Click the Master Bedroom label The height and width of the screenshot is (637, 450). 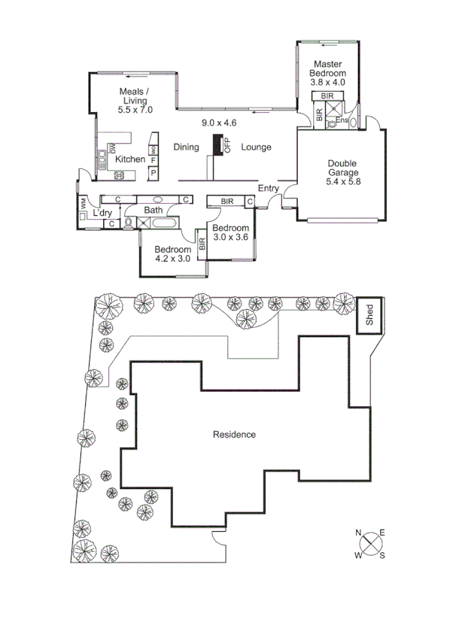(329, 69)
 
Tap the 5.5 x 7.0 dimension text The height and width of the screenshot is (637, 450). (135, 110)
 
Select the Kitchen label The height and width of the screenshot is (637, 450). (130, 159)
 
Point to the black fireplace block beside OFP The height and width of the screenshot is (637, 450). (218, 144)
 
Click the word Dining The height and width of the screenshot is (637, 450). (186, 147)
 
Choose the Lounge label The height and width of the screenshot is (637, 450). (256, 147)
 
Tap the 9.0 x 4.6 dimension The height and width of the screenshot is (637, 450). (219, 123)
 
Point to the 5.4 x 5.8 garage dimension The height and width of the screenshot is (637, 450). (342, 181)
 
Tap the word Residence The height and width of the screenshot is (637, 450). (234, 435)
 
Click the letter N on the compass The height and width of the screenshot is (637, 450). (359, 534)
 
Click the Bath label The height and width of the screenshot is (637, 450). (154, 210)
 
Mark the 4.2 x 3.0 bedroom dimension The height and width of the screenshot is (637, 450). (172, 259)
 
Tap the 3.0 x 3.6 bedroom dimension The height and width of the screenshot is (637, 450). (230, 238)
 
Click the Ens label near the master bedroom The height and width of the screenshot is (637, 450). (342, 120)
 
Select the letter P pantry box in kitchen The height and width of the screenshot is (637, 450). (153, 173)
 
